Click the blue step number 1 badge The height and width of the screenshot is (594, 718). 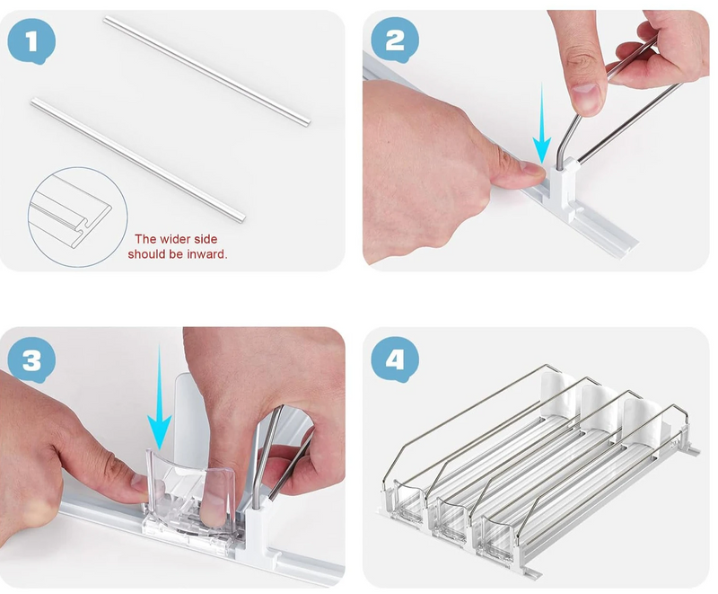(x=31, y=41)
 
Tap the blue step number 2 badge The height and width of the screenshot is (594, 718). (x=395, y=40)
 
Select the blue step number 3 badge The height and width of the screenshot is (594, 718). (x=31, y=360)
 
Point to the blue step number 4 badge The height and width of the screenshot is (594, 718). (x=395, y=359)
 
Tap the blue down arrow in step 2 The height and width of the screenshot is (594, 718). (x=542, y=123)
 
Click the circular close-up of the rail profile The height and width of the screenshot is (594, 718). (x=77, y=217)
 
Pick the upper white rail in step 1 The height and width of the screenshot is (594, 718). (x=206, y=70)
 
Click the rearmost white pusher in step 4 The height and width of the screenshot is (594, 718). (x=556, y=395)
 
